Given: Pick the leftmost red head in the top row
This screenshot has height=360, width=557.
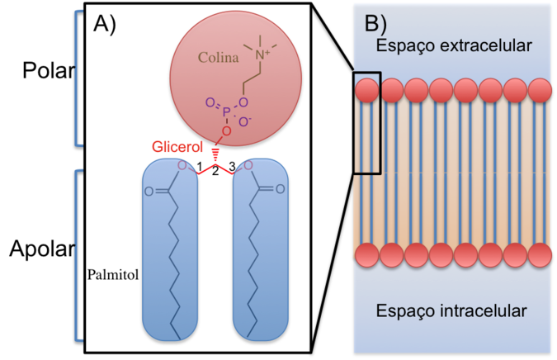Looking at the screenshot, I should coord(367,91).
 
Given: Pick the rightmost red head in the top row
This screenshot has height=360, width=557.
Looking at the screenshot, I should coord(540,91).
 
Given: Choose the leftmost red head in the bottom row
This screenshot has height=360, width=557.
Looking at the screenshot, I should coord(367,255).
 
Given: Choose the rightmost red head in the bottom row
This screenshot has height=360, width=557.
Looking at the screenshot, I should coord(540,255).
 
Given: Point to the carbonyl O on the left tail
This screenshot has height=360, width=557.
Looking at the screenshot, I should coord(149,191).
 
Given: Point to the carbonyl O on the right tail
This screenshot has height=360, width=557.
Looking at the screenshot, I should coord(280,190).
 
